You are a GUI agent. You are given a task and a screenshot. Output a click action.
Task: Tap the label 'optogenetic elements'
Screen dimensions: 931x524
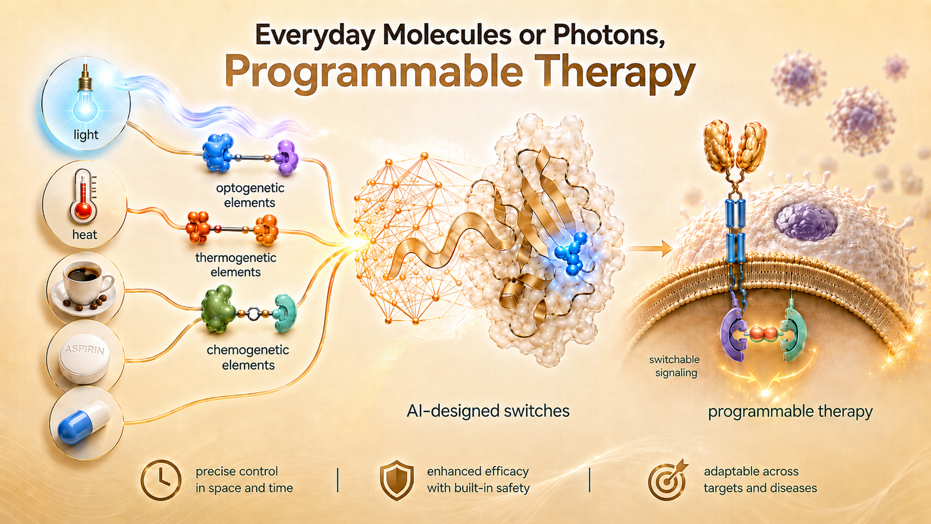coord(250,195)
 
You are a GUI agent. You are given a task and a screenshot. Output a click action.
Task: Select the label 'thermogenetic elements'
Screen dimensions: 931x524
coord(236,265)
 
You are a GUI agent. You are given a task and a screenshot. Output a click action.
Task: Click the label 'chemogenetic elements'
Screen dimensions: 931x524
coord(248,358)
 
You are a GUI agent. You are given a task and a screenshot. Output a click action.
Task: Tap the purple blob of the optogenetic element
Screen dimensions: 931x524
coord(286,157)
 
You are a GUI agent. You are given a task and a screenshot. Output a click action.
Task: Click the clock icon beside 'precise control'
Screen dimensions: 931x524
coord(161,480)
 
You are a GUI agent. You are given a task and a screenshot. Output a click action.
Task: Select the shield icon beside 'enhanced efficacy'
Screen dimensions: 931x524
coord(397,480)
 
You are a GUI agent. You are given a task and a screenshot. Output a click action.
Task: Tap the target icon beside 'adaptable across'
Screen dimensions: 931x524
coord(668,481)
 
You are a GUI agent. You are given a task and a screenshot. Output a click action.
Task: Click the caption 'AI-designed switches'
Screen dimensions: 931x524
coord(488,411)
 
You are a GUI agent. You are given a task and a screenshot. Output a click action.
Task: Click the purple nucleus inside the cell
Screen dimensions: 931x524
coord(806,221)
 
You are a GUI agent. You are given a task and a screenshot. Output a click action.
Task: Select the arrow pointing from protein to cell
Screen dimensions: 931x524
coord(649,249)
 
